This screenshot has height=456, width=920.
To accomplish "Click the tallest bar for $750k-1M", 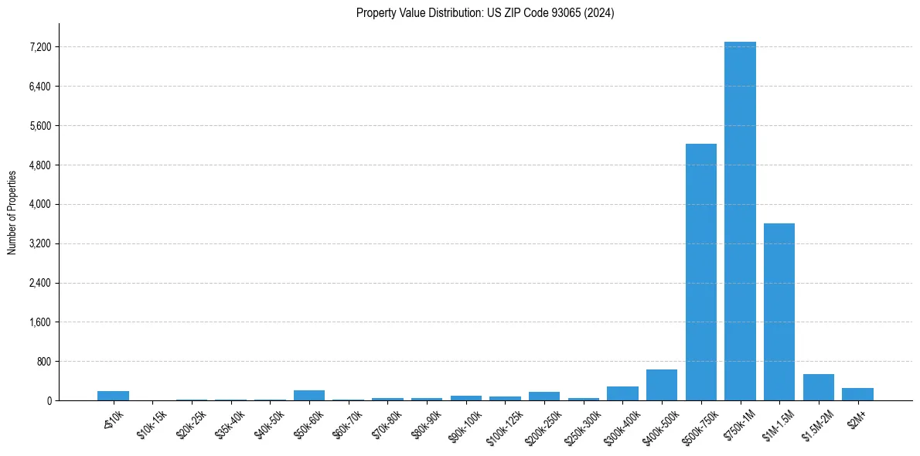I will pyautogui.click(x=740, y=221).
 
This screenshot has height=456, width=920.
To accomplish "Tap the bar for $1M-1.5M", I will pyautogui.click(x=779, y=311).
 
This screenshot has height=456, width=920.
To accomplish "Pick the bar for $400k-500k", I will pyautogui.click(x=662, y=385).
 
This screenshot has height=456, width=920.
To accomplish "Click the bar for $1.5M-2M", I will pyautogui.click(x=818, y=387).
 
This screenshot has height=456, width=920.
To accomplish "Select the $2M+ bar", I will pyautogui.click(x=857, y=394).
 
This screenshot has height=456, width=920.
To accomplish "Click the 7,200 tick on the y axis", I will pyautogui.click(x=38, y=47).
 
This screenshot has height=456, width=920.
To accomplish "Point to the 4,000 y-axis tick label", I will pyautogui.click(x=38, y=205).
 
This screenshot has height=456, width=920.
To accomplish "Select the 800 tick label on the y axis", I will pyautogui.click(x=43, y=362).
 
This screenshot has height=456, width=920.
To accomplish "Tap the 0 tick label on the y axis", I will pyautogui.click(x=49, y=401).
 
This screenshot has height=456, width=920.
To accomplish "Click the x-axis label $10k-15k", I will pyautogui.click(x=152, y=424).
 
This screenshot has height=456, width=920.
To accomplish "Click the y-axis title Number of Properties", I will pyautogui.click(x=12, y=212).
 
